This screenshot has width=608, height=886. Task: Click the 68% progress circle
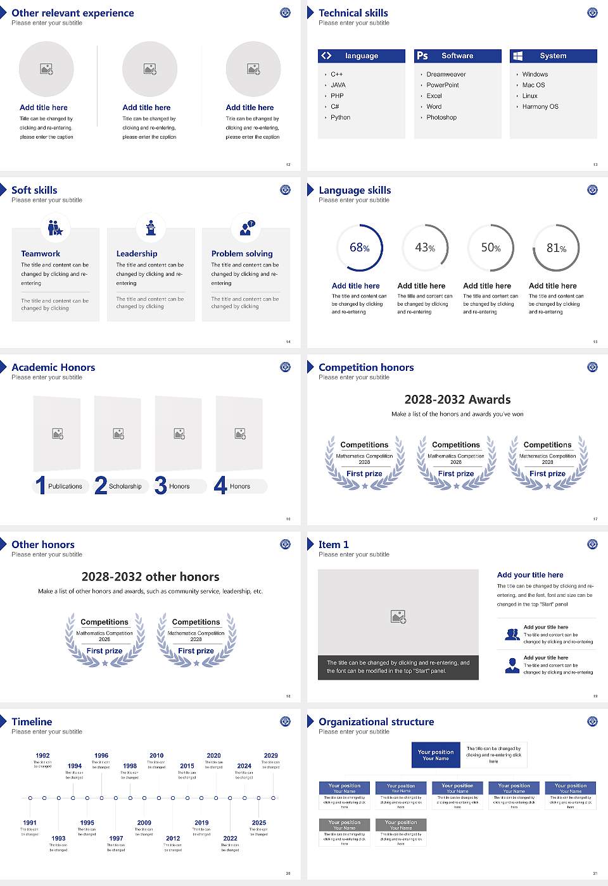click(x=359, y=247)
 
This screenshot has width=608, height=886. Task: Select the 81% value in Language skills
click(x=556, y=248)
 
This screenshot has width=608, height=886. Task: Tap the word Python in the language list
click(x=340, y=118)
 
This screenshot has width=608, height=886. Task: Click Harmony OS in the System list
click(x=540, y=107)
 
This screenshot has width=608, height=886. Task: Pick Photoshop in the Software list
click(x=441, y=118)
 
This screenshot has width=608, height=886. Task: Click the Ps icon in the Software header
click(x=422, y=56)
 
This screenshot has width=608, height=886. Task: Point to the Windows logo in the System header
click(x=517, y=56)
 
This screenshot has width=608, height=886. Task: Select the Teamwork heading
click(x=41, y=254)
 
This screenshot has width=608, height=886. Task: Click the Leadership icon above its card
click(x=151, y=227)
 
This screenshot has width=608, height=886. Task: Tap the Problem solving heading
click(x=242, y=254)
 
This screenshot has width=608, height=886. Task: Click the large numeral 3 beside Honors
click(x=160, y=485)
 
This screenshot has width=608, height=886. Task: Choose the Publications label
click(x=65, y=487)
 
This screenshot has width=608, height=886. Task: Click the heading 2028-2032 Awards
click(x=457, y=400)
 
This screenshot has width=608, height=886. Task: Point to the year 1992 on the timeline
click(x=42, y=756)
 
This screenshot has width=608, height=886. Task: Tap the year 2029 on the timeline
click(x=270, y=756)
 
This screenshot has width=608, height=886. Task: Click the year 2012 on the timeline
click(x=173, y=839)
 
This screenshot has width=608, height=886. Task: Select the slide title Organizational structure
click(x=376, y=722)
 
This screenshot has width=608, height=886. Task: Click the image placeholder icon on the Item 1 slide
click(x=398, y=616)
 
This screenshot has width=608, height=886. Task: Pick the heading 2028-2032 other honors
click(x=150, y=577)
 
